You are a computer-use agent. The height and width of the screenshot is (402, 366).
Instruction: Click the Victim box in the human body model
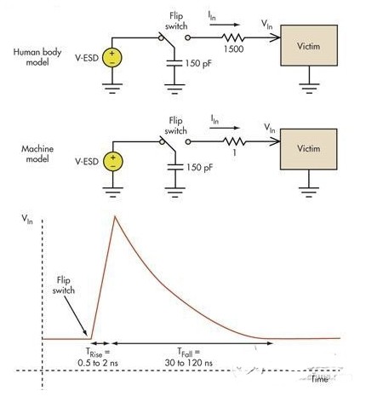tap(309, 45)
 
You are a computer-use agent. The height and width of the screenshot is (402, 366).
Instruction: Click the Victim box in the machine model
tap(309, 149)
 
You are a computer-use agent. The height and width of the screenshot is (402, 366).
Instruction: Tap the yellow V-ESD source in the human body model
tap(112, 58)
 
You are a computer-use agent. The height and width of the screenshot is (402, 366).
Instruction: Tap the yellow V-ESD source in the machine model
tap(113, 161)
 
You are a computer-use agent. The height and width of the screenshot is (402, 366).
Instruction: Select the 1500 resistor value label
tap(233, 49)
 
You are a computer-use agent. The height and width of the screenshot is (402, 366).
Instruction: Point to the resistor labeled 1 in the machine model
tap(234, 141)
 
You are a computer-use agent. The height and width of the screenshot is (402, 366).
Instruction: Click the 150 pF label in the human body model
tap(198, 63)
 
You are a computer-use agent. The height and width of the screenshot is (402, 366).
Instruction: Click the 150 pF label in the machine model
tap(199, 167)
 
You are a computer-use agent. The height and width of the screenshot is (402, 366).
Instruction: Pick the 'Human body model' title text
tap(37, 57)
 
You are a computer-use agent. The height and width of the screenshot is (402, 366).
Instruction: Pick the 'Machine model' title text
tap(37, 153)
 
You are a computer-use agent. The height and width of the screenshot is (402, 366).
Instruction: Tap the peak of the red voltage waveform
tap(115, 216)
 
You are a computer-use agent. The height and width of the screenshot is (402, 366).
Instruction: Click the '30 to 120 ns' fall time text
tap(188, 363)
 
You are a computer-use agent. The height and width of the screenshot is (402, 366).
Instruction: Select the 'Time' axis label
tap(320, 379)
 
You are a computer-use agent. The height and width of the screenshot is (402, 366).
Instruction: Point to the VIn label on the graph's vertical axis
tap(27, 219)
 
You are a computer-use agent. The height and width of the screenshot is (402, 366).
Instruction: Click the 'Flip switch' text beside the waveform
tap(64, 285)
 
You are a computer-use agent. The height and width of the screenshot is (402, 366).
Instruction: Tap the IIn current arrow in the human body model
tap(225, 25)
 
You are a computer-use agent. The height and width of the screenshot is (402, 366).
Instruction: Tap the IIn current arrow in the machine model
tap(225, 128)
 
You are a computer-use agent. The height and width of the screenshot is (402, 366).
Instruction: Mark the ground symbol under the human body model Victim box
tap(309, 88)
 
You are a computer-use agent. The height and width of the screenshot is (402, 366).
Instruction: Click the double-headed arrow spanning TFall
tap(192, 343)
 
